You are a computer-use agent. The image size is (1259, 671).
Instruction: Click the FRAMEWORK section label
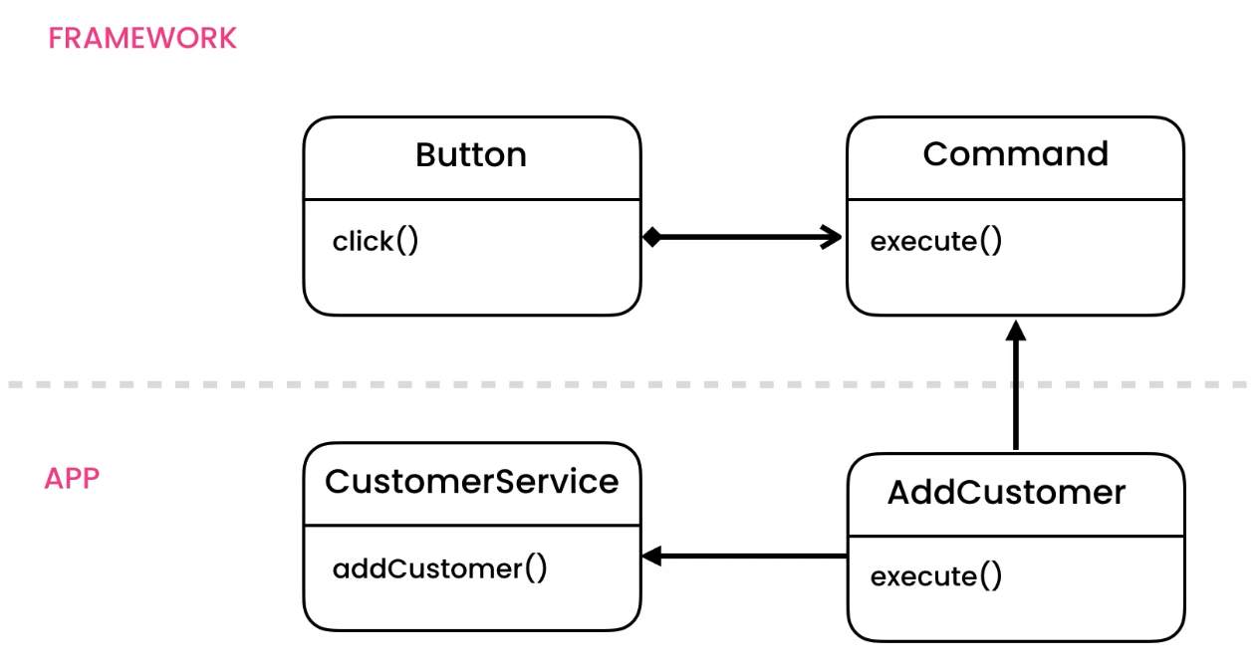tap(142, 39)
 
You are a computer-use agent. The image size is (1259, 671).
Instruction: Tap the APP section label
tap(72, 478)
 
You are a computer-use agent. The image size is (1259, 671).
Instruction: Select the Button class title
tap(471, 155)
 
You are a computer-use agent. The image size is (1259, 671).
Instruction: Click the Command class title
tap(1015, 154)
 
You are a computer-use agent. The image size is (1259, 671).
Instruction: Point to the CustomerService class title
tap(471, 482)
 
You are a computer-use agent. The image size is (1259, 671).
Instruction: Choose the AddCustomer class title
tap(1006, 493)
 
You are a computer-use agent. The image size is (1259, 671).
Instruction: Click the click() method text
tap(376, 241)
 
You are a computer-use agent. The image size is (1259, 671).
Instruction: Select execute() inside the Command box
tap(935, 241)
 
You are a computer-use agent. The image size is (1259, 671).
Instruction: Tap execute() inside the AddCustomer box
tap(935, 576)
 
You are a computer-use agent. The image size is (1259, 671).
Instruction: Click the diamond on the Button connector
tap(651, 237)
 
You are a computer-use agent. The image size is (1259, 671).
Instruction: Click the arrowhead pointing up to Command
tap(1015, 331)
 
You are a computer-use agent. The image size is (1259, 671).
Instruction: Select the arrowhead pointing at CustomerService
tap(652, 557)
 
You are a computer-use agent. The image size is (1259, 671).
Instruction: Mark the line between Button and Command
tap(742, 237)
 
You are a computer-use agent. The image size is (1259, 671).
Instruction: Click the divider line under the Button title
tap(471, 199)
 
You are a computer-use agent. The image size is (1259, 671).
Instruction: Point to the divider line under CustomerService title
tap(471, 525)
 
